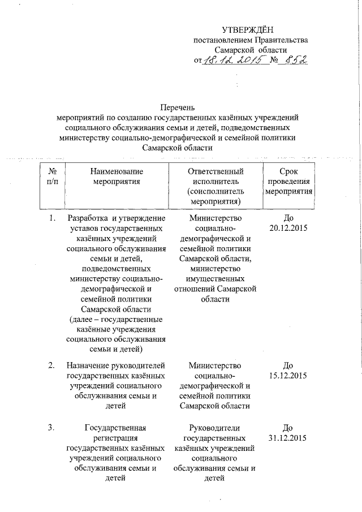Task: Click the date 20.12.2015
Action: [289, 229]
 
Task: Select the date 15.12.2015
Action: [289, 376]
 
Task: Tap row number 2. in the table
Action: [51, 365]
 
